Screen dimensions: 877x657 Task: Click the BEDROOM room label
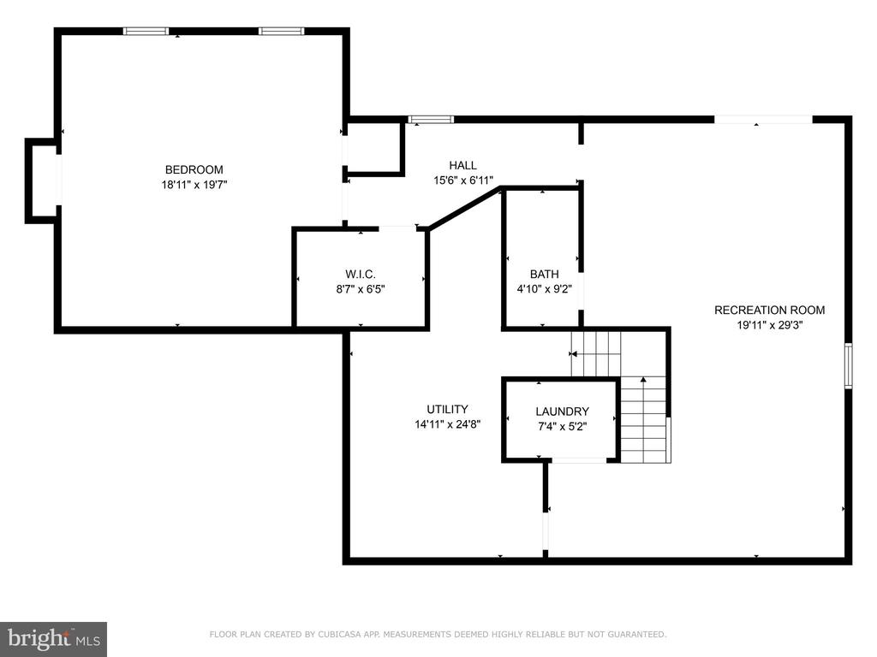[x=194, y=169]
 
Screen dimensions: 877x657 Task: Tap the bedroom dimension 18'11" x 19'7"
[x=194, y=185]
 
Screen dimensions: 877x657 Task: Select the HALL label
[x=463, y=165]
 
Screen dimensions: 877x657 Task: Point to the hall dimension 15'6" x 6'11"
[x=463, y=181]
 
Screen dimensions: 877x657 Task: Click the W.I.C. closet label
[x=361, y=275]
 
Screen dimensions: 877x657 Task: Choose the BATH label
[x=544, y=275]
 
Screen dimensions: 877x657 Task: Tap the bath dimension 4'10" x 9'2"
[x=544, y=289]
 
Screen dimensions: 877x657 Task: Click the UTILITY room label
[x=447, y=409]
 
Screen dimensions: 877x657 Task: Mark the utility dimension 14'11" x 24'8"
[x=447, y=424]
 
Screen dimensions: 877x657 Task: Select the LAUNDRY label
[x=562, y=411]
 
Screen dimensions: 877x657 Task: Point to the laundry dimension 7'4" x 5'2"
[x=562, y=427]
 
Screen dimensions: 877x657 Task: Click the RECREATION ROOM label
[x=770, y=310]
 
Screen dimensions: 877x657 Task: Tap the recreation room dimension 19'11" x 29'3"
[x=770, y=325]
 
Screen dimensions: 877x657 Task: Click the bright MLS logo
[x=54, y=639]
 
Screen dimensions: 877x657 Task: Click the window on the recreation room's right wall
[x=848, y=365]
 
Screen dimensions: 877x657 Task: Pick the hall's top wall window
[x=431, y=119]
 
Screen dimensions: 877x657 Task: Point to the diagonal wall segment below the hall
[x=464, y=208]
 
